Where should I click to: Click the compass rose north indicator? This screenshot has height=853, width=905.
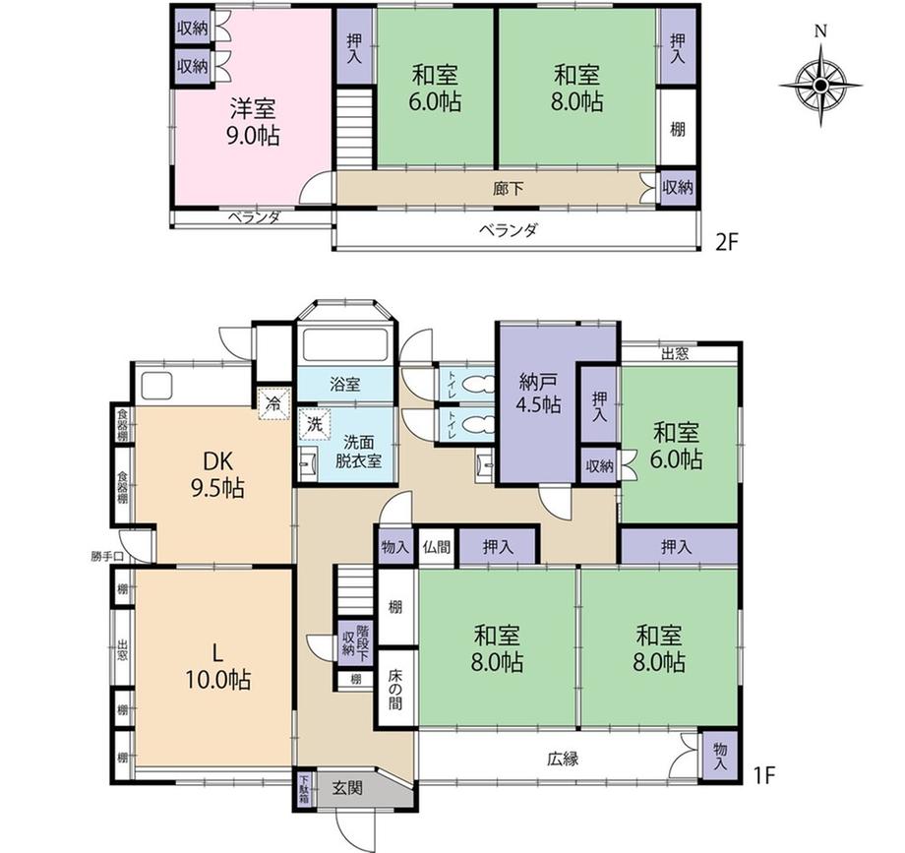click(x=820, y=31)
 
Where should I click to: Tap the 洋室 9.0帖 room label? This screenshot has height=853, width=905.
click(x=254, y=122)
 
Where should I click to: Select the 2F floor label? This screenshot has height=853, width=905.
click(x=727, y=242)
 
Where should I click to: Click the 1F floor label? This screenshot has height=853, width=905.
click(x=763, y=775)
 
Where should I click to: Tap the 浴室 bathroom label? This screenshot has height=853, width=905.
click(x=345, y=385)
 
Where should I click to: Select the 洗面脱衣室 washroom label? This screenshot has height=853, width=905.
click(x=358, y=452)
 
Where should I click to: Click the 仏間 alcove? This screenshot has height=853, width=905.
click(x=437, y=547)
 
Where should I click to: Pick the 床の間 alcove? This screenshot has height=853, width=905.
click(x=395, y=688)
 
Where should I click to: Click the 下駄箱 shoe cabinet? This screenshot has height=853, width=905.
click(x=304, y=789)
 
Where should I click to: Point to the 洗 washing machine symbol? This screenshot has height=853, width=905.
click(x=314, y=424)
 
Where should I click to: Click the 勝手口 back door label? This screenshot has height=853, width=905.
click(x=107, y=557)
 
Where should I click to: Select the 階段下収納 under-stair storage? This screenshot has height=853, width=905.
click(x=355, y=642)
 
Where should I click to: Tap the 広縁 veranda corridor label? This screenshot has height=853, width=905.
click(x=563, y=759)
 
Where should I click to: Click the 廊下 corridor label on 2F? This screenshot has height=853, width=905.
click(x=509, y=188)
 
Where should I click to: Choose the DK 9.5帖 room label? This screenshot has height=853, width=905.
click(x=217, y=475)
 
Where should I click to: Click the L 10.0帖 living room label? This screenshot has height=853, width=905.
click(x=217, y=667)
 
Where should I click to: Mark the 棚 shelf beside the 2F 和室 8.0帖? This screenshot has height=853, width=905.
click(x=678, y=129)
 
